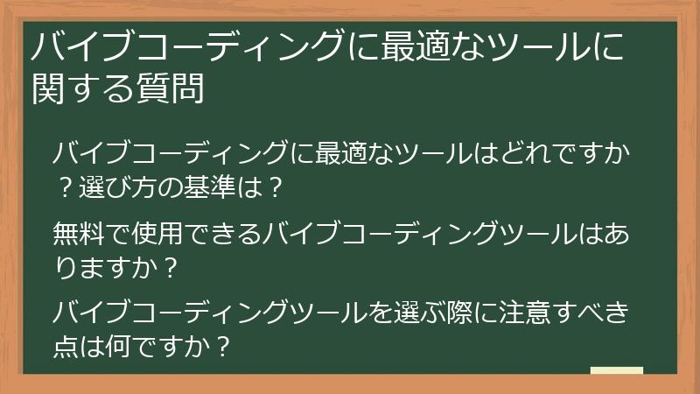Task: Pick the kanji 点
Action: [66, 344]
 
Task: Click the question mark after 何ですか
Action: [222, 344]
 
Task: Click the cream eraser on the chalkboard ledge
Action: [616, 370]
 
